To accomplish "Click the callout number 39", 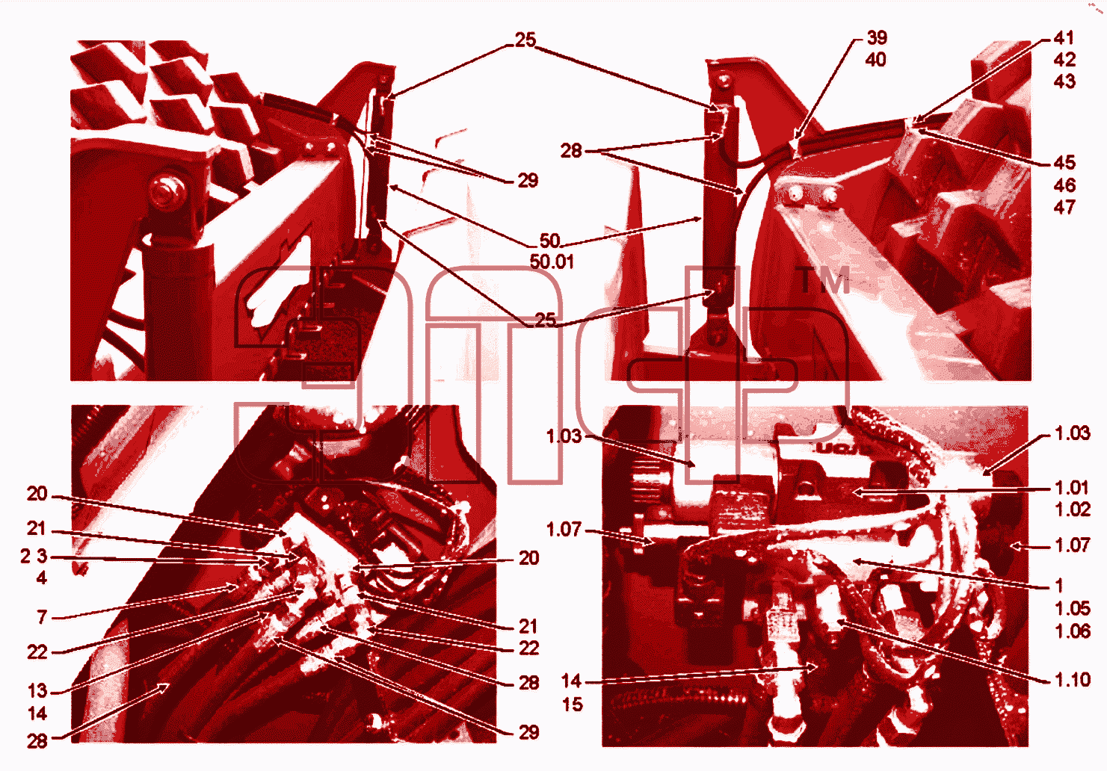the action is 877,37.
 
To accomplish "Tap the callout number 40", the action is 876,60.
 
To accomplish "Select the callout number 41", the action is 1064,38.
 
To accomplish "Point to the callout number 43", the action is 1064,81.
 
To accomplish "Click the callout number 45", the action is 1064,163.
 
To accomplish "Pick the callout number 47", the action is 1064,207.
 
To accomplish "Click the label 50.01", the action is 552,261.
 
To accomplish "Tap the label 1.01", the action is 1073,488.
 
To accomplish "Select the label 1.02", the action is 1073,510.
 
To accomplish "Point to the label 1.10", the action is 1073,680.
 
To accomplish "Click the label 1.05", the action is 1073,608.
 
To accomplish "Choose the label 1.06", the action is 1073,631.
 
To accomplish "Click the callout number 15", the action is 573,705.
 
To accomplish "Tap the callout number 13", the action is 37,691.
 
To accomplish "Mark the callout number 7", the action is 42,617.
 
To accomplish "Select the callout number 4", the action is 42,578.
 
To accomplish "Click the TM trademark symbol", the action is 824,280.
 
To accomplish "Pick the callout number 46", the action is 1064,185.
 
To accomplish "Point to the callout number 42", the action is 1064,60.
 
